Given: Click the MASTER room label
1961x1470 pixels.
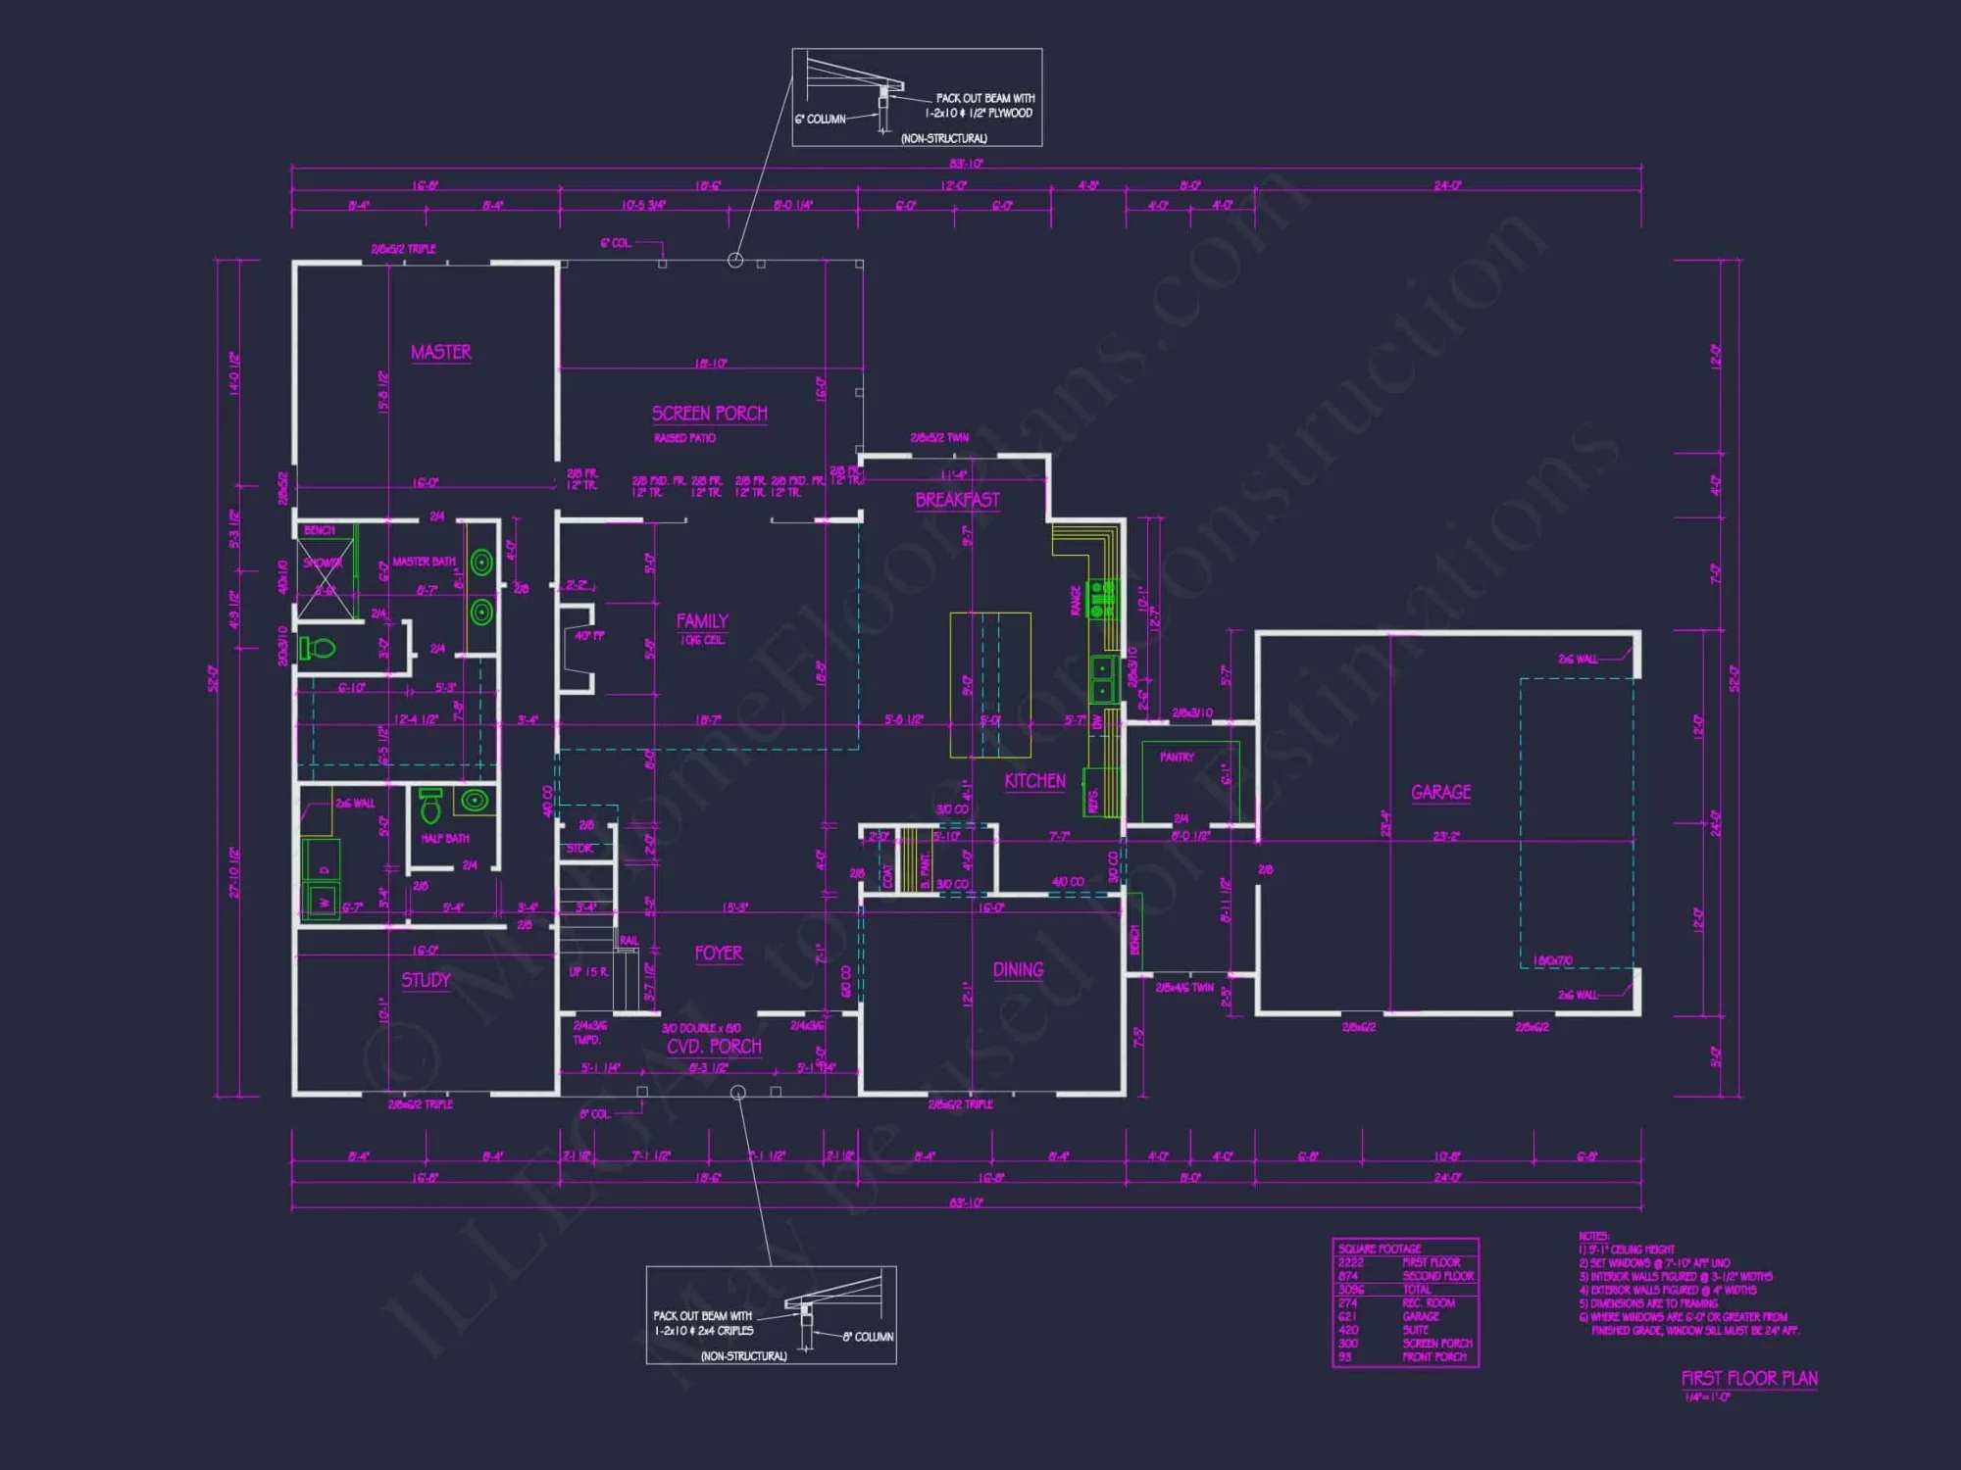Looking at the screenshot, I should point(440,352).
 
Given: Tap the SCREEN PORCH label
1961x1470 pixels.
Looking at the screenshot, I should point(709,414).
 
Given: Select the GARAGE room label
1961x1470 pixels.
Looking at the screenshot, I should point(1440,792).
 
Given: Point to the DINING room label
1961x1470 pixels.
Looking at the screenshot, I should point(1018,969).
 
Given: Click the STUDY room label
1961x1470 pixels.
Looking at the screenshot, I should point(426,980).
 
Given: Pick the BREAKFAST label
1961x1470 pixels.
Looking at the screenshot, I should point(957,500).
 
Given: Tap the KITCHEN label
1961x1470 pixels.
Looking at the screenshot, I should point(1034,781).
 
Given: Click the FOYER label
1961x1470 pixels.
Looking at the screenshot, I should point(718,954).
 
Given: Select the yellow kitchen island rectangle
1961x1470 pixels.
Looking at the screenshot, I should point(990,684).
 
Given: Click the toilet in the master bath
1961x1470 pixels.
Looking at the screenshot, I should point(319,648).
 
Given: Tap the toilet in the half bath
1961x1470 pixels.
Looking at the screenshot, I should point(429,807).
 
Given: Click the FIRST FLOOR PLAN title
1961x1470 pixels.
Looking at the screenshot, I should point(1749,1378).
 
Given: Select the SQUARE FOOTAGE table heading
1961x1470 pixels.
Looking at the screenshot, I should point(1379,1249).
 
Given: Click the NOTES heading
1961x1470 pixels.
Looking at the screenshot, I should point(1593,1237).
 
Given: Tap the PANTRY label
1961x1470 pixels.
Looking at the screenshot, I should point(1177,757).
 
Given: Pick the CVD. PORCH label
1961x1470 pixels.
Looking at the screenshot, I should point(714,1047).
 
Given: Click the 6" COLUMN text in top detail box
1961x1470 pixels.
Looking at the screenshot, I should point(820,120).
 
